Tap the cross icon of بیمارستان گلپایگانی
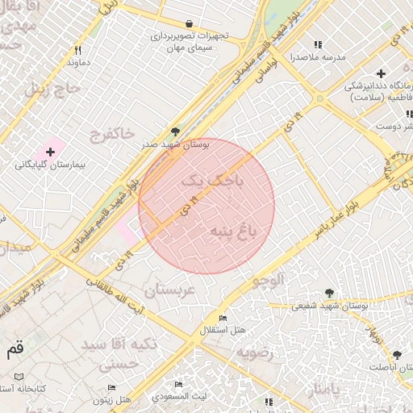(50, 152)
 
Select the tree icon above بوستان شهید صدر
(175, 132)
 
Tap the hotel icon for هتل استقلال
(223, 319)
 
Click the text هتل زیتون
(111, 399)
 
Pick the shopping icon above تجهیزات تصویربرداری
(189, 24)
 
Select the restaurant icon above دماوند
(78, 49)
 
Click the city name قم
(15, 350)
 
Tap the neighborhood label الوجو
(269, 281)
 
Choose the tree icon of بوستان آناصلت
(396, 355)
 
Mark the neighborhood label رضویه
(256, 353)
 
